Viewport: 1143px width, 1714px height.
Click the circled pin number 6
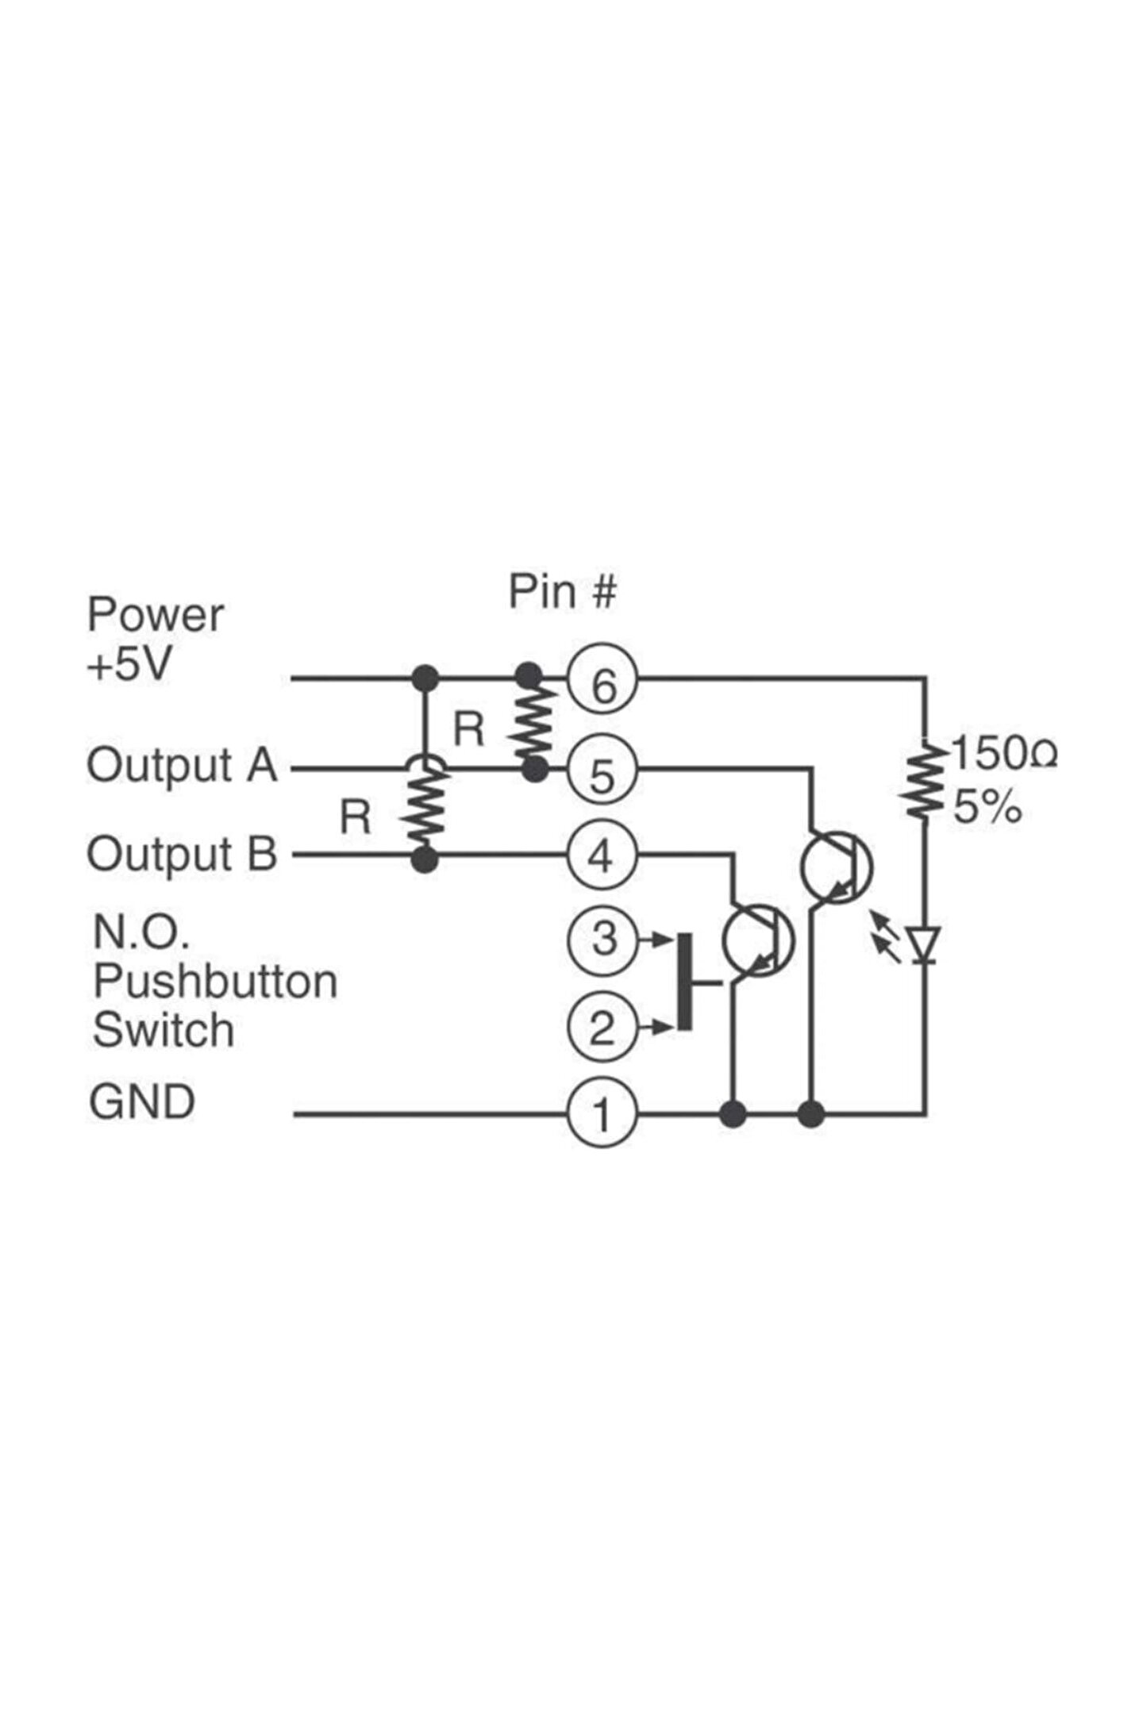(602, 685)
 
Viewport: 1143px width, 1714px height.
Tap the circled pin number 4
(602, 857)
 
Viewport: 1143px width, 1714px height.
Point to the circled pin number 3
(602, 940)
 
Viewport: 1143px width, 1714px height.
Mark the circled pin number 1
(602, 1113)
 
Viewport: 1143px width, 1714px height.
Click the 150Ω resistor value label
(1003, 754)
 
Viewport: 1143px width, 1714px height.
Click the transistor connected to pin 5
(837, 867)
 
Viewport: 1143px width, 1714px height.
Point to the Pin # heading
(562, 591)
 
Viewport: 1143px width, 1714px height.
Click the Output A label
(182, 767)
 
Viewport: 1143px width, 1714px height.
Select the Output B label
(182, 855)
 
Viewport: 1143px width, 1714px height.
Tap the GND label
(142, 1103)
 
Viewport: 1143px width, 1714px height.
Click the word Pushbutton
(215, 982)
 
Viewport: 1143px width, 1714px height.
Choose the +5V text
(129, 665)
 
